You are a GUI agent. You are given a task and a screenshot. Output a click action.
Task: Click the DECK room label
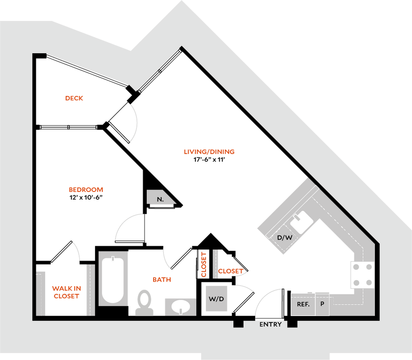coord(74,98)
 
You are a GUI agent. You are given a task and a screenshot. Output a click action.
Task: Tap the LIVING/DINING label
coord(209,152)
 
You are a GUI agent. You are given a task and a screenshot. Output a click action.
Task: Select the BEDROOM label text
coord(86,190)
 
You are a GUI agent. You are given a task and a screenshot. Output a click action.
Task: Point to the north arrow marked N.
coord(160,198)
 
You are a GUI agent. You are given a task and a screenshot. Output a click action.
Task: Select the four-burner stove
coord(362,274)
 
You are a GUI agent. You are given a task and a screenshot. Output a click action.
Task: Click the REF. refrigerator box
coord(303,304)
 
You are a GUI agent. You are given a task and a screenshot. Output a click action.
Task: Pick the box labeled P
coord(322,304)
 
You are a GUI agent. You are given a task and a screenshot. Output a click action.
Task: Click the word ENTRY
coord(270,325)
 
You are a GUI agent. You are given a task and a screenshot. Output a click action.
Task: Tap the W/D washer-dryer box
coord(216,299)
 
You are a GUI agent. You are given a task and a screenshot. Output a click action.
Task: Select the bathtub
coord(113,278)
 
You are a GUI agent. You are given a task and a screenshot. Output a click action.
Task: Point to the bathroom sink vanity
coord(180,306)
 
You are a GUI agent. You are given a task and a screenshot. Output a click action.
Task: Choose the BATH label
coord(162,280)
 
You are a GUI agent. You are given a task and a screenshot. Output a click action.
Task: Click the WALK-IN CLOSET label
coord(66,292)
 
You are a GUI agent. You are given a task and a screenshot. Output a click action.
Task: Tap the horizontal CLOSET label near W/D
coord(231,271)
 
